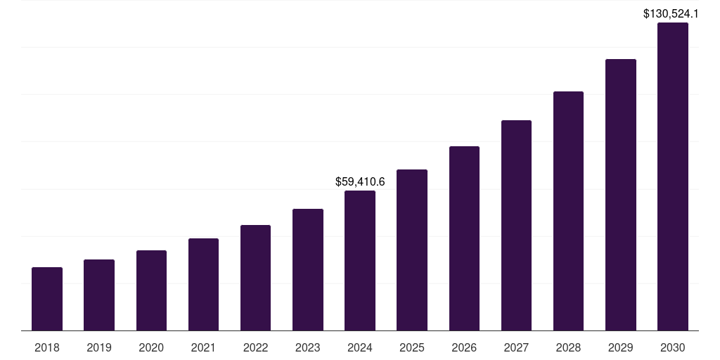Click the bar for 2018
[47, 299]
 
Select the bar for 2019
[99, 295]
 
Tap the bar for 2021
[203, 285]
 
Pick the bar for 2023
[308, 270]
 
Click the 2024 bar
[360, 261]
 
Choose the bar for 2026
[464, 238]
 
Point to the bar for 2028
[568, 211]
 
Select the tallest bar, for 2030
[673, 176]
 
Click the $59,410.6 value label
[360, 182]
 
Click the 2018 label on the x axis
[47, 347]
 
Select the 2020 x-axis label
[151, 347]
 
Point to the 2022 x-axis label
[255, 347]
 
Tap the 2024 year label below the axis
[360, 347]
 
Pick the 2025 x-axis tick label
[412, 347]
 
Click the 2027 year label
[516, 347]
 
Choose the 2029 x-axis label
[621, 347]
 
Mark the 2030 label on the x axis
[673, 347]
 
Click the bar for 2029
[621, 195]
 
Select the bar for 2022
[255, 278]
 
